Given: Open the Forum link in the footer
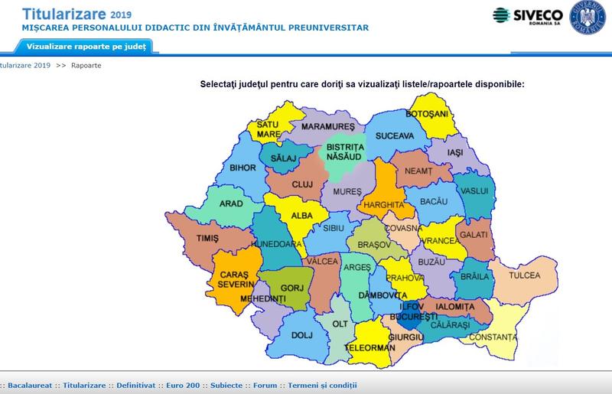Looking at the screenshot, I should click(x=265, y=386).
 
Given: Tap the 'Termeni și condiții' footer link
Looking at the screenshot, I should click(x=322, y=386).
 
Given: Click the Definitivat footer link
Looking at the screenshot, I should click(x=135, y=386).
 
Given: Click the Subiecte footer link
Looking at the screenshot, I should click(x=226, y=386).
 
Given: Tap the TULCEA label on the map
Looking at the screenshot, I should click(x=526, y=275).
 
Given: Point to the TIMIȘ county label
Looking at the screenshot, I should click(x=208, y=239).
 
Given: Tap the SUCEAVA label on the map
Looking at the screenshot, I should click(x=395, y=136).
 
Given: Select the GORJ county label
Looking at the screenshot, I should click(x=293, y=288).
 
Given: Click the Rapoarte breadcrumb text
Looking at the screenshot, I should click(x=86, y=66).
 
